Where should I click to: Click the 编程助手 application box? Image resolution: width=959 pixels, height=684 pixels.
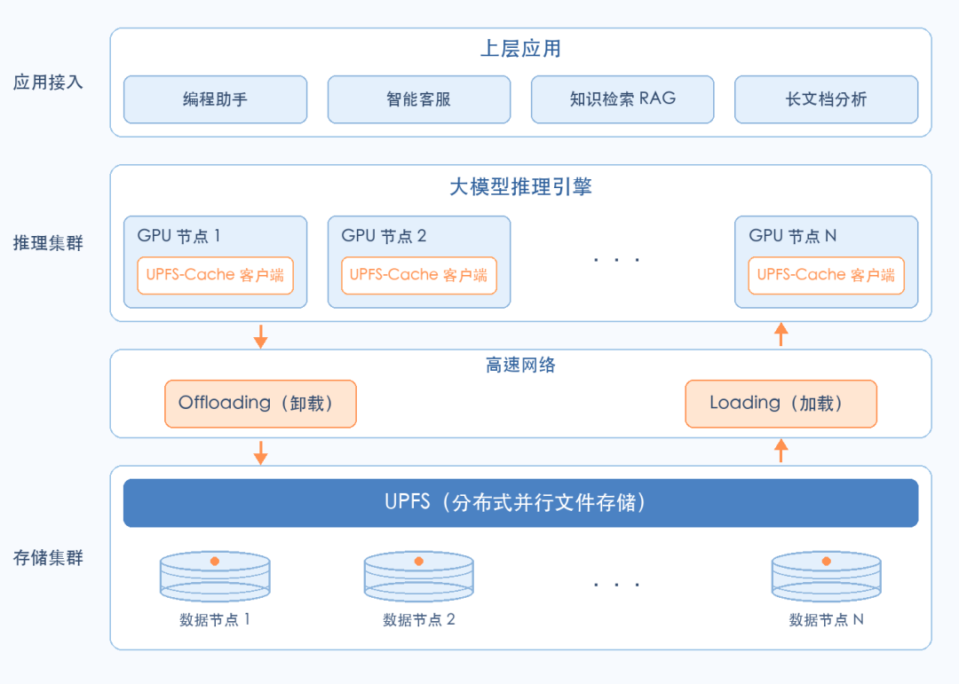click(x=215, y=99)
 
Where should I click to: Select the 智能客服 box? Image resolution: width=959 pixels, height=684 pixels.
click(x=419, y=99)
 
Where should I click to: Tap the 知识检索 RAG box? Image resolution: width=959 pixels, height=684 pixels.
click(x=622, y=99)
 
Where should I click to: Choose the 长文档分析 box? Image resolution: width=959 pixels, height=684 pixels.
click(x=827, y=99)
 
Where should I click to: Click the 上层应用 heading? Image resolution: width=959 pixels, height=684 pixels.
click(x=520, y=48)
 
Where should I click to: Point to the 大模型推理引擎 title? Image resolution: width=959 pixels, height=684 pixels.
click(x=520, y=186)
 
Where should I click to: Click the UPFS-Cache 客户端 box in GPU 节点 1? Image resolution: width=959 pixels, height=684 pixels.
click(x=215, y=276)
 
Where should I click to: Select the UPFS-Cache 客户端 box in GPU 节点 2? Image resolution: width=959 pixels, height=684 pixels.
click(x=419, y=276)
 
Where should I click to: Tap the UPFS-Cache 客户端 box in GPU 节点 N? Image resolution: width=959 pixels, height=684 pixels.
click(x=827, y=276)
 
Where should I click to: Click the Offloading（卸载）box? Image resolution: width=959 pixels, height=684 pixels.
click(x=260, y=404)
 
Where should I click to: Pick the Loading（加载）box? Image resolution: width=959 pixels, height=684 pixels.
click(x=781, y=404)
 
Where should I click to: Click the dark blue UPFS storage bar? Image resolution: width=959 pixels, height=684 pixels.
click(x=520, y=502)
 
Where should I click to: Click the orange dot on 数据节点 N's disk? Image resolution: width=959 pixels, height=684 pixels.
click(x=827, y=562)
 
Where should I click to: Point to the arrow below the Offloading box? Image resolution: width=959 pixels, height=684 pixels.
click(x=260, y=453)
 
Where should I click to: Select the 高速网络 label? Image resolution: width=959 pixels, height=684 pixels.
click(x=520, y=365)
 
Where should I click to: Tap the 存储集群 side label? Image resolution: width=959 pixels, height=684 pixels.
click(x=48, y=557)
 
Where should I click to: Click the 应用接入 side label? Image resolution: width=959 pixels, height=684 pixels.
click(x=48, y=82)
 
